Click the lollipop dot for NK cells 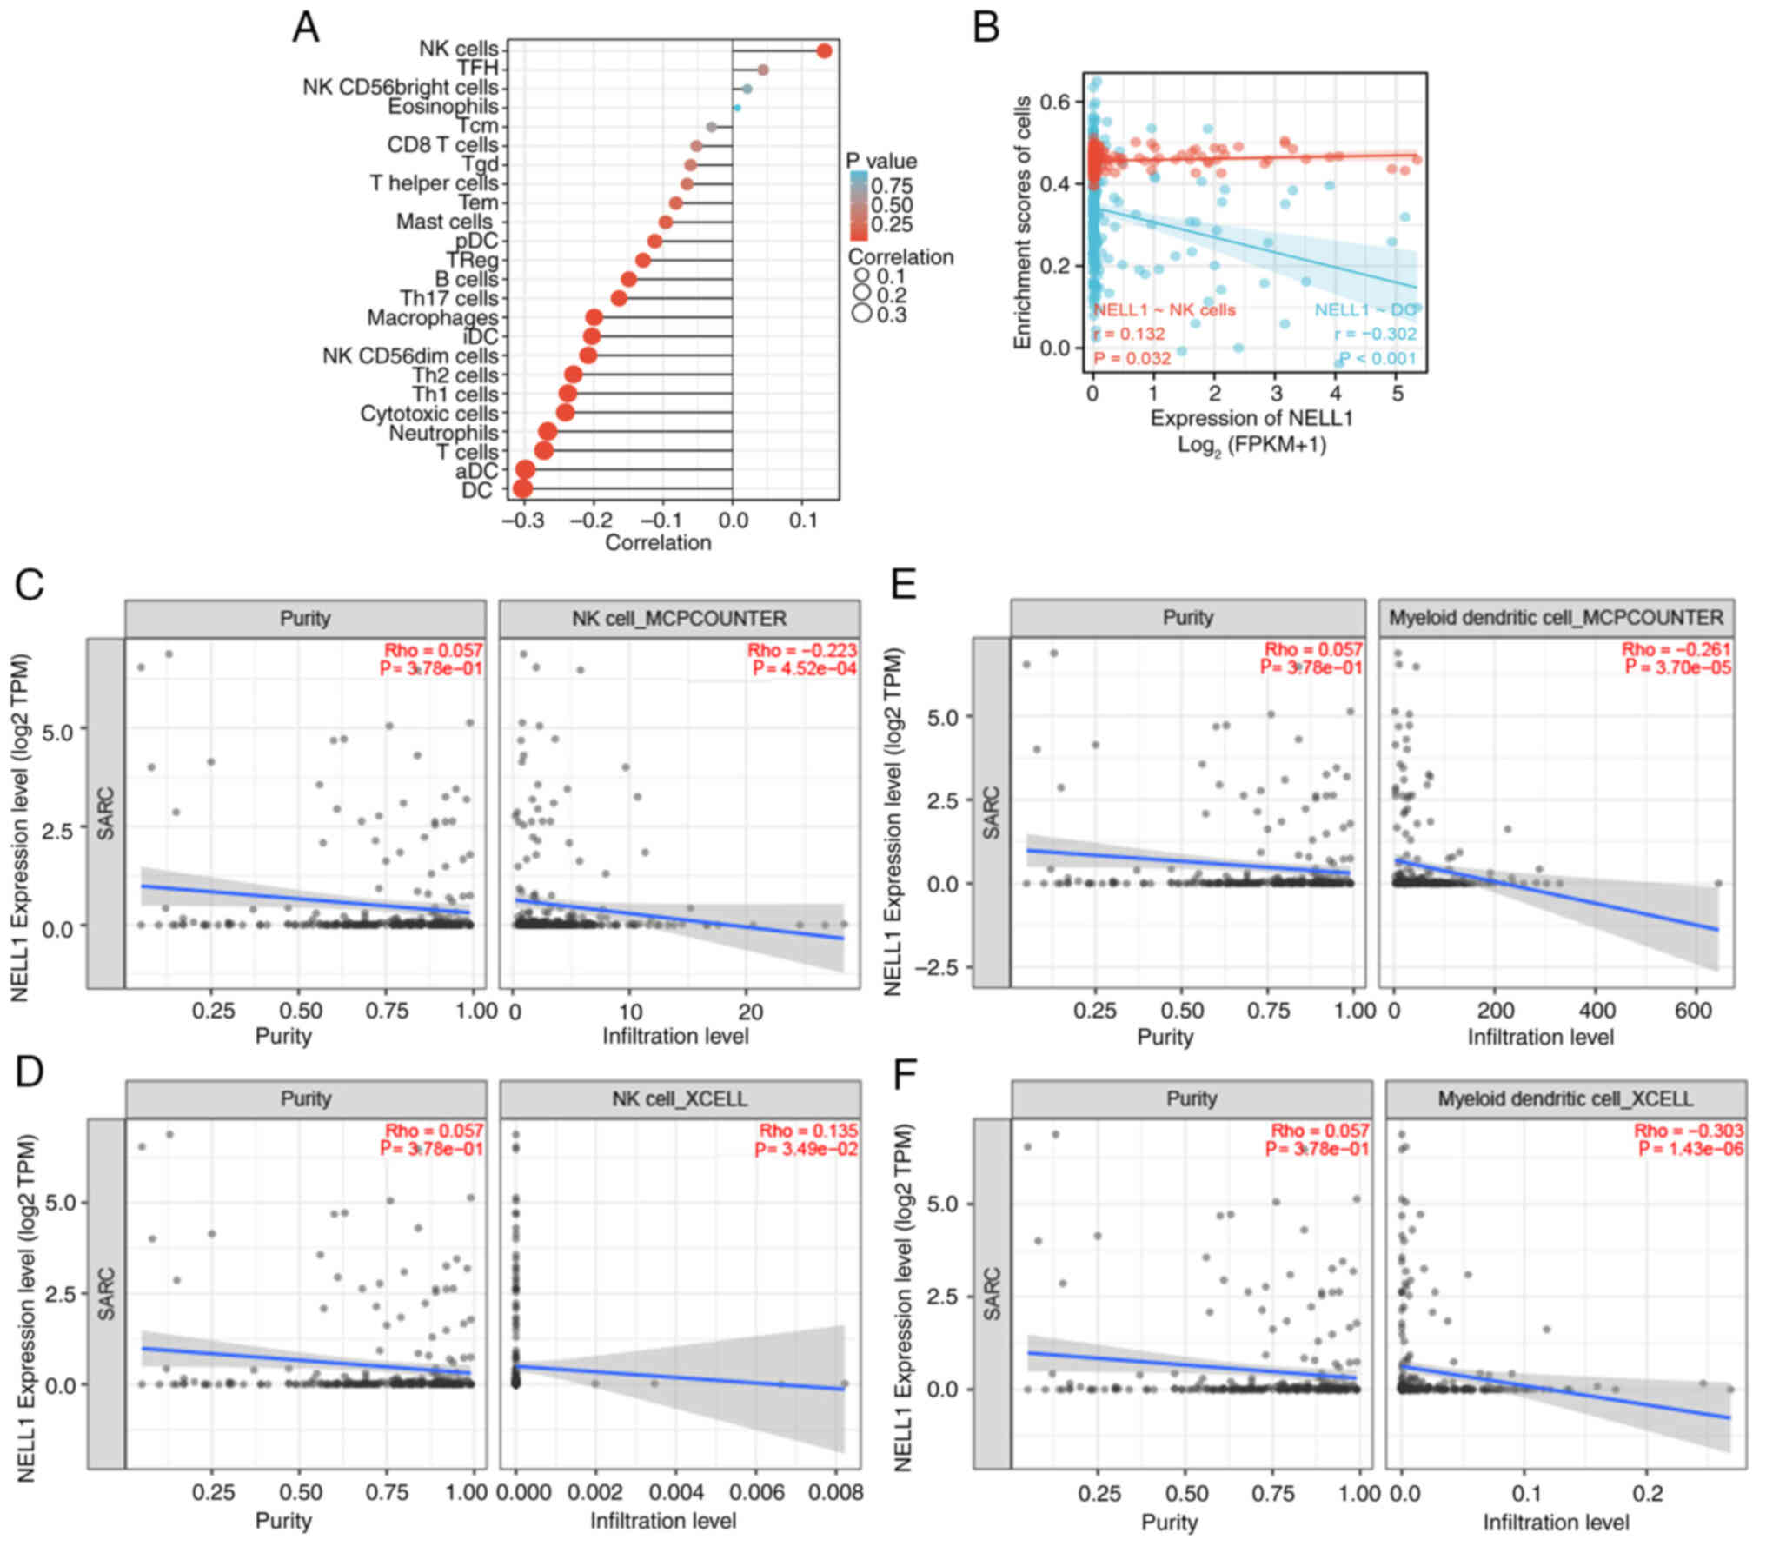click(x=824, y=51)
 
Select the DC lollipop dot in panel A click(x=522, y=489)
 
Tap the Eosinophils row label click(x=442, y=107)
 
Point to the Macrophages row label click(x=432, y=318)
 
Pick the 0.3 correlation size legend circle click(x=862, y=314)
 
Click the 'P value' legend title click(x=881, y=162)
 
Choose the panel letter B click(x=986, y=28)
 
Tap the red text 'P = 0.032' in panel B click(x=1132, y=358)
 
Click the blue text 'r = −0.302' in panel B click(x=1375, y=334)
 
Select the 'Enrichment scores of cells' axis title click(x=1023, y=223)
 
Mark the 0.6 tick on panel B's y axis click(x=1055, y=102)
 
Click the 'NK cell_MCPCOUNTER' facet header click(x=679, y=619)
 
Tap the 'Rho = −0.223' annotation click(x=801, y=650)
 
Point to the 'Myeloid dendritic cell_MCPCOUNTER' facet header click(x=1556, y=618)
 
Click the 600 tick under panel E click(x=1692, y=1010)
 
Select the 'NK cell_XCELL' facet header click(x=679, y=1098)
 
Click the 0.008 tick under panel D click(x=830, y=1493)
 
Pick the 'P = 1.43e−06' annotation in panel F click(x=1690, y=1150)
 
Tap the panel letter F click(x=905, y=1074)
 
